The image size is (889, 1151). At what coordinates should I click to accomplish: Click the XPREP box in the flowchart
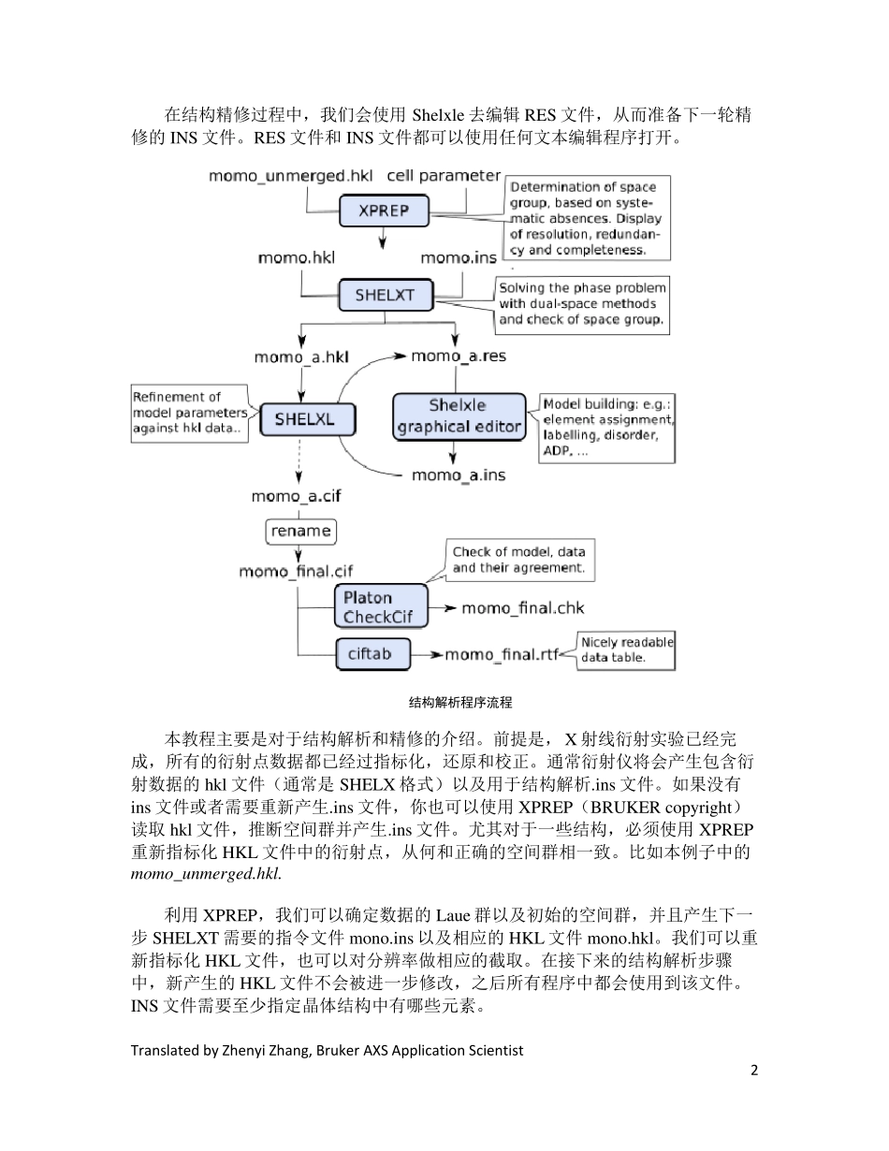(x=384, y=211)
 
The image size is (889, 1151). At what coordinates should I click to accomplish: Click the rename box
(x=300, y=531)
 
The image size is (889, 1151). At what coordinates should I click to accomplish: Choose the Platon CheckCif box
(x=380, y=606)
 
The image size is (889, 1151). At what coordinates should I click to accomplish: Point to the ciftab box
(x=373, y=654)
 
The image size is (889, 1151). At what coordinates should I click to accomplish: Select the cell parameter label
(x=444, y=175)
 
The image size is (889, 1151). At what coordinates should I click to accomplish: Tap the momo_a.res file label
(x=459, y=356)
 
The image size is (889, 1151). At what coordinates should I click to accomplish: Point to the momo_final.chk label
(x=522, y=608)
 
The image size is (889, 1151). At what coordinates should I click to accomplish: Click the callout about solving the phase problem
(x=582, y=303)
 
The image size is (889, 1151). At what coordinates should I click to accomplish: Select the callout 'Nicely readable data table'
(x=626, y=649)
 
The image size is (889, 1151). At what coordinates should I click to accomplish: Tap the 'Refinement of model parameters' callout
(x=187, y=412)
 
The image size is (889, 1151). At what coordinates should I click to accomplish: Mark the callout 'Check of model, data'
(x=518, y=560)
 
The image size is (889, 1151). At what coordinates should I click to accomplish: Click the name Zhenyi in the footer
(x=256, y=1050)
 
